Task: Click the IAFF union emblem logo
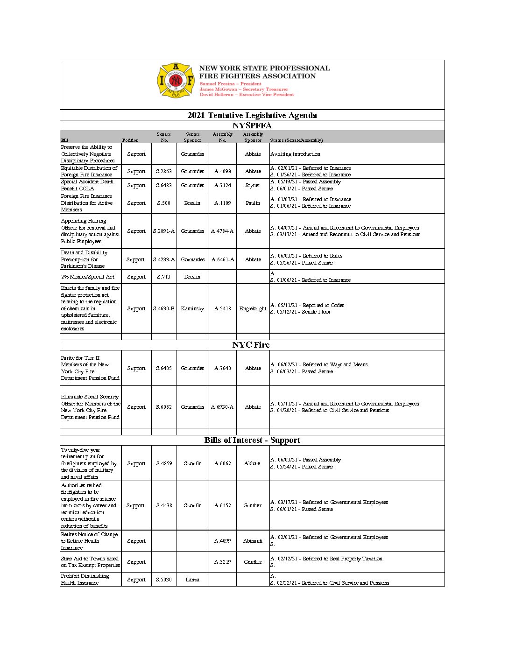click(175, 81)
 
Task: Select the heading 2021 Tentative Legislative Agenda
click(252, 115)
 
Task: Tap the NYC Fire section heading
click(251, 345)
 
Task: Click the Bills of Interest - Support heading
click(252, 440)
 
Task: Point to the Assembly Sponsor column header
click(253, 137)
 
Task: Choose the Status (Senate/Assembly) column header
click(296, 140)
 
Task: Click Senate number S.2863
click(164, 171)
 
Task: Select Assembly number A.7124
click(223, 185)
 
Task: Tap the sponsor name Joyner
click(253, 185)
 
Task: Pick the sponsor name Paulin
click(253, 203)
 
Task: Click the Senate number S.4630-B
click(164, 308)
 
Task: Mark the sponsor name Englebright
click(253, 308)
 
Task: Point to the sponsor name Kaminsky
click(192, 308)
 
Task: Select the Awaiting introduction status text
click(295, 154)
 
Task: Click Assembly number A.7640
click(223, 368)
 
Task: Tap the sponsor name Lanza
click(192, 580)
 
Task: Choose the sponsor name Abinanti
click(253, 541)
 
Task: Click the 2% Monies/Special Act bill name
click(88, 277)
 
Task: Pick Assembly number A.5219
click(223, 562)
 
